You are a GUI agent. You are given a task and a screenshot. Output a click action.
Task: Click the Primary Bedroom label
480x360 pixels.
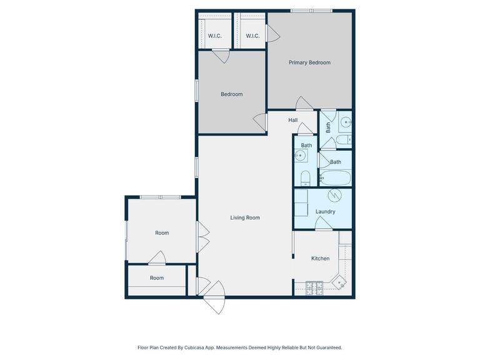(309, 62)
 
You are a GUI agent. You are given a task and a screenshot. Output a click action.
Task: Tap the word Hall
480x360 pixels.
(292, 120)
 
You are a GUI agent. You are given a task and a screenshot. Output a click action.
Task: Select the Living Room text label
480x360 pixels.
(244, 217)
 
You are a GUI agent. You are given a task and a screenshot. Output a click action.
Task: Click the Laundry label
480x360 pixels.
(325, 211)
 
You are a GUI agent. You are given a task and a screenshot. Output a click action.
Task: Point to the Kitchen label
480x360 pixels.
(320, 258)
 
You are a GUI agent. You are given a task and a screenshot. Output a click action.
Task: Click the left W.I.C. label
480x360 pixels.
(214, 36)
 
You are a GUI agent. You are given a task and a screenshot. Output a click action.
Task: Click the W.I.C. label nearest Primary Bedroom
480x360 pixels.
(252, 36)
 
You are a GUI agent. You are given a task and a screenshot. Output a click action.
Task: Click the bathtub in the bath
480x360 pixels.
(336, 177)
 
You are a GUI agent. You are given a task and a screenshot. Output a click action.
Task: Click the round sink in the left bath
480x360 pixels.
(302, 156)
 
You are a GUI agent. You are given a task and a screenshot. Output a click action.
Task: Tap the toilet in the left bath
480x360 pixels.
(304, 178)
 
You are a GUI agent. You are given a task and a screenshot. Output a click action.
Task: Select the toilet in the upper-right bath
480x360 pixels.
(343, 139)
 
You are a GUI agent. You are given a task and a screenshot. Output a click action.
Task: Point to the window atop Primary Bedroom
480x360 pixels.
(311, 11)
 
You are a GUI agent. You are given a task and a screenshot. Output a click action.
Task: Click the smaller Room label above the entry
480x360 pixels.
(156, 277)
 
